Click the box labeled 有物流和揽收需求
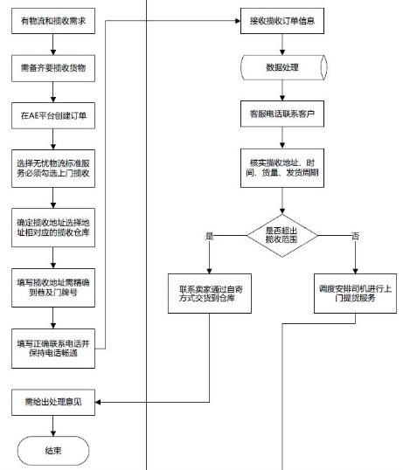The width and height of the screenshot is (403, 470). (x=53, y=21)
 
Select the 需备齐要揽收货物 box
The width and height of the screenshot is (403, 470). (x=53, y=68)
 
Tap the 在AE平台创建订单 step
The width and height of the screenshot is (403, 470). (x=53, y=115)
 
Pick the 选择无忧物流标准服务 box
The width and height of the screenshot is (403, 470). (x=53, y=169)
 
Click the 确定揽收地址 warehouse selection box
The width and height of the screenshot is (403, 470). (x=53, y=228)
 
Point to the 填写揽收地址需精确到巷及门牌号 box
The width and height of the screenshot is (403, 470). (x=53, y=287)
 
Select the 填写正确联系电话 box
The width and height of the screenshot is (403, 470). (x=53, y=349)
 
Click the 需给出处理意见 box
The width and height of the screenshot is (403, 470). (x=53, y=402)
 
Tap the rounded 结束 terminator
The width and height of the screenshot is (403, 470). (x=53, y=451)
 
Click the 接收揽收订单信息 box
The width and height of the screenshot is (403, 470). (x=282, y=21)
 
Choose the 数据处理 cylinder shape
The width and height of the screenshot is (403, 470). (x=283, y=67)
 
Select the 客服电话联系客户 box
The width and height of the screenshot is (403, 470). (x=282, y=114)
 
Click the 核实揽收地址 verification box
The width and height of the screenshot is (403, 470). (x=282, y=168)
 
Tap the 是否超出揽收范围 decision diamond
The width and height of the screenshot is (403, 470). (x=282, y=236)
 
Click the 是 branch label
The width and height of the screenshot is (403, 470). (x=209, y=236)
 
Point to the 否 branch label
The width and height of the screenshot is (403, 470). (x=355, y=236)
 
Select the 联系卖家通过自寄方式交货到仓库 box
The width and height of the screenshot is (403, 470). (x=210, y=294)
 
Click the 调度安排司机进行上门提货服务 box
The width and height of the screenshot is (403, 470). (x=355, y=294)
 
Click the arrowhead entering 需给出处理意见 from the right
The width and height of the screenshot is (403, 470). (x=98, y=402)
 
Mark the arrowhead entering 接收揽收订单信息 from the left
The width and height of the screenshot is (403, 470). (x=238, y=21)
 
